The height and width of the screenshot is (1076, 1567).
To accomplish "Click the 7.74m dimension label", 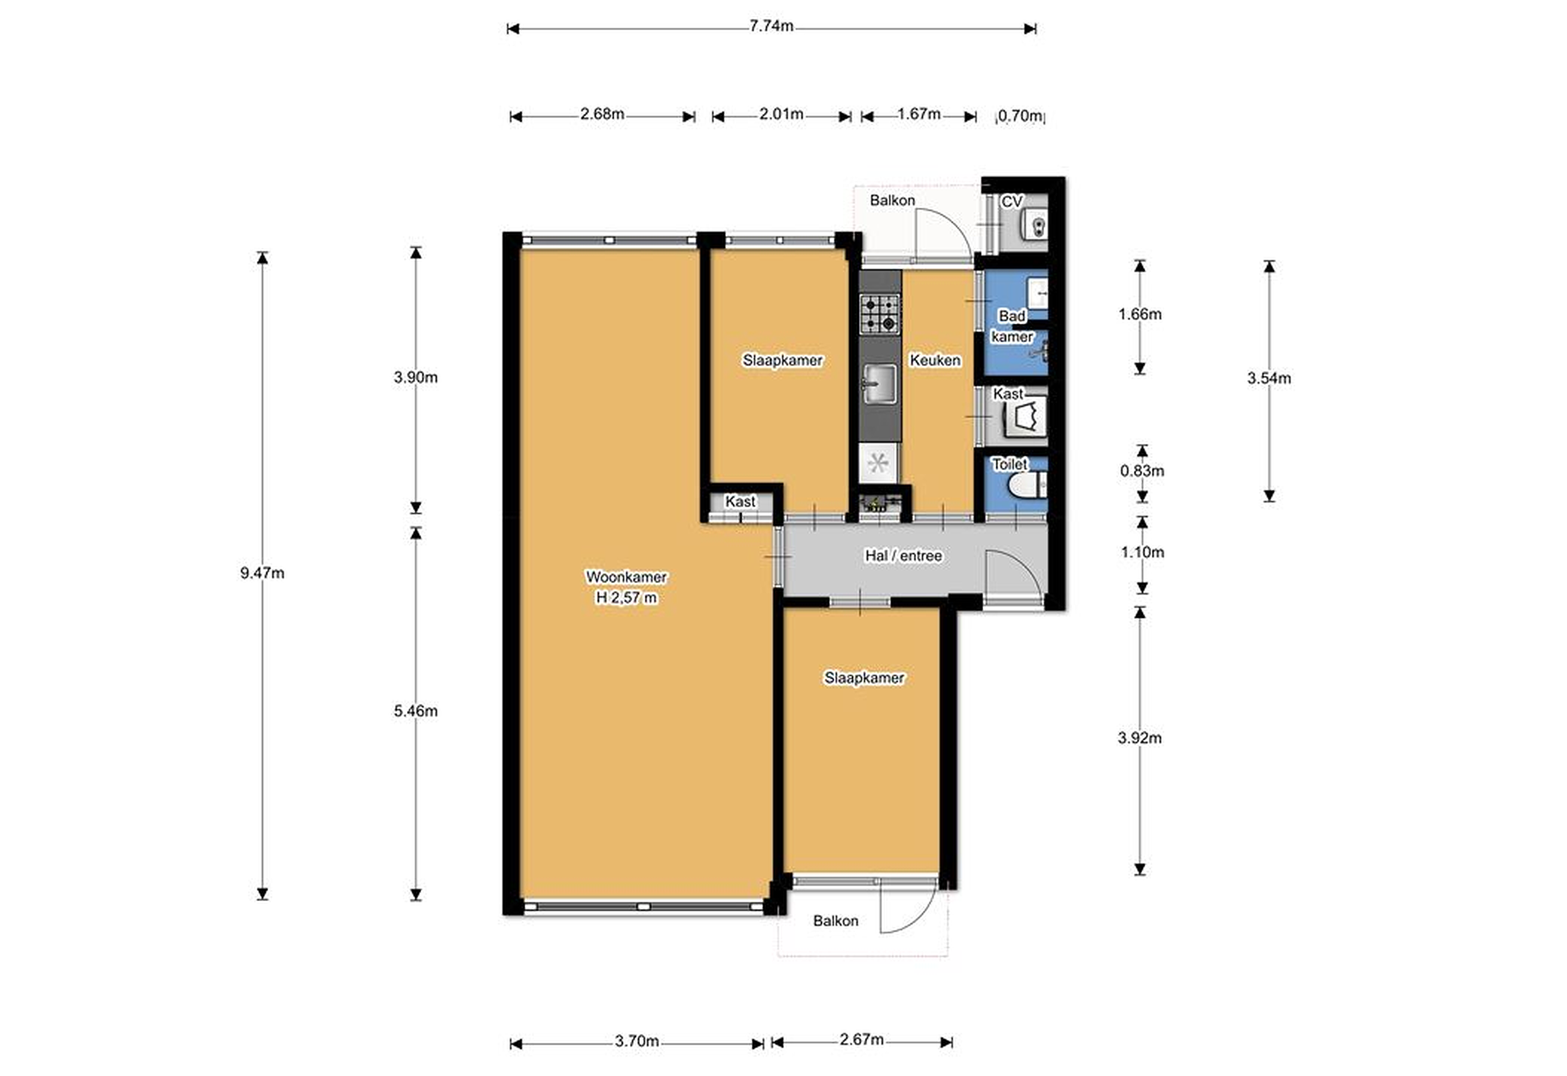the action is [x=772, y=26].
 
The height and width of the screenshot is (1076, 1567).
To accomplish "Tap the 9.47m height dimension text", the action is [x=262, y=573].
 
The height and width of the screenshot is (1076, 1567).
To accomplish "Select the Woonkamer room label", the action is [x=626, y=577].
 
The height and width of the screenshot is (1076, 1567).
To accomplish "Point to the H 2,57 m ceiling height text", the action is [x=626, y=597].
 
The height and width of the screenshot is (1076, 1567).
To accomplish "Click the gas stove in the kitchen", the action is [x=880, y=314].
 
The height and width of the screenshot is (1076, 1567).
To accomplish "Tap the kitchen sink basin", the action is [x=880, y=384].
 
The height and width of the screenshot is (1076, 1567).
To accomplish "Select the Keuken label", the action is [x=935, y=360].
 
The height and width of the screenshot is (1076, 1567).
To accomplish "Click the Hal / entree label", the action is [x=904, y=555].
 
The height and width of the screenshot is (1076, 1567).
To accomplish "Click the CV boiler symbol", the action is [x=1034, y=224].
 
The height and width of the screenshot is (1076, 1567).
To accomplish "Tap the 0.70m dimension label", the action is [x=1020, y=116].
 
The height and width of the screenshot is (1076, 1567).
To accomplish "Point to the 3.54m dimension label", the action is [x=1269, y=378].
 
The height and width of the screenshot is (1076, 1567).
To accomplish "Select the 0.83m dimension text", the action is [x=1142, y=471].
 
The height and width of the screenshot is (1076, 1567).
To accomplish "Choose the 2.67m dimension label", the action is [x=862, y=1040].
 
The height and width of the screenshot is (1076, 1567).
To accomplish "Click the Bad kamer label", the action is [x=1012, y=326].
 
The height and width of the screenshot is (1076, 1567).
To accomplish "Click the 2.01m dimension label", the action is [x=781, y=114].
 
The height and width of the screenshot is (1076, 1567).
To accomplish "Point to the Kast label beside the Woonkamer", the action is [x=741, y=502].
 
